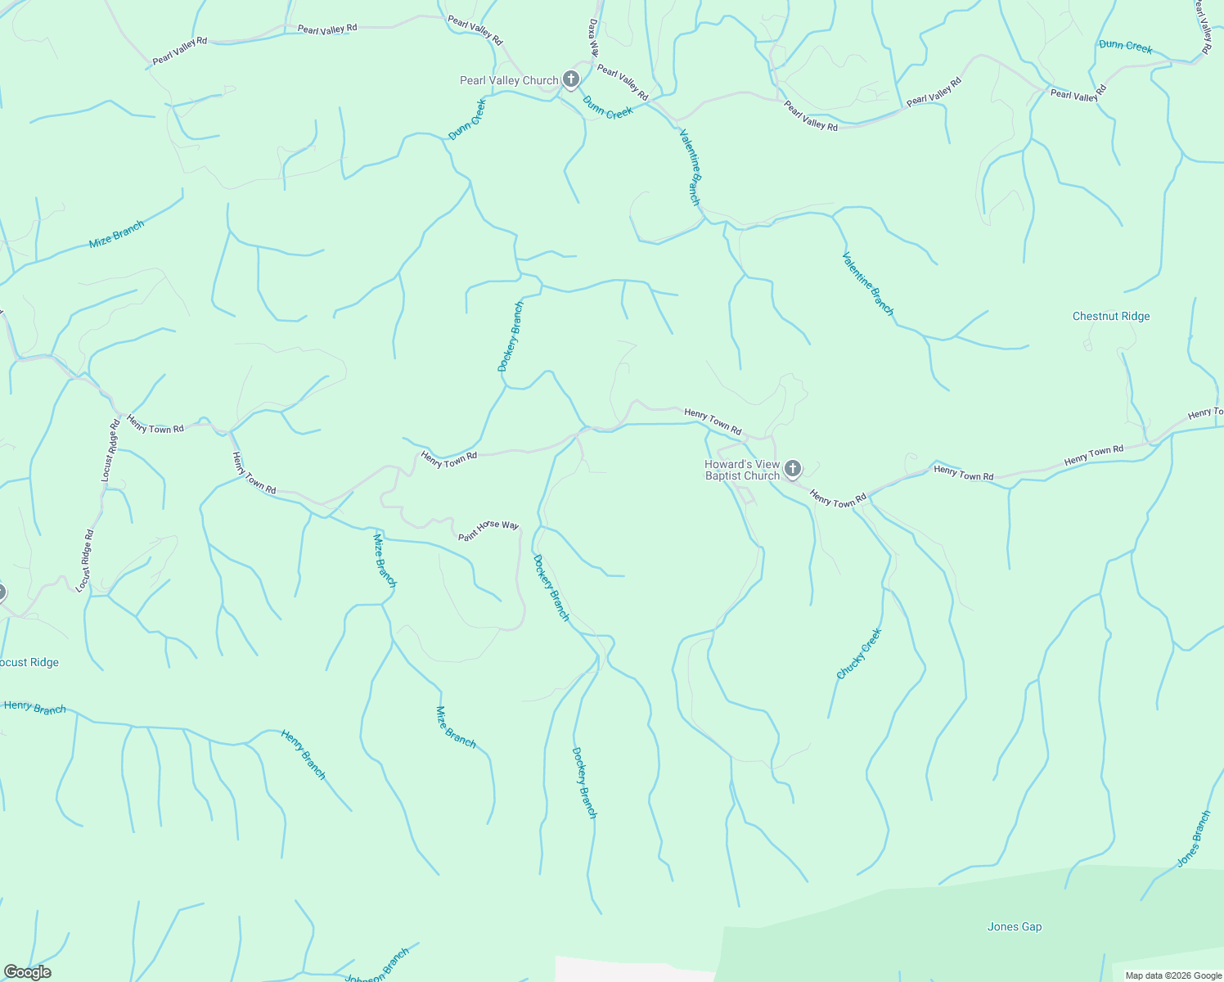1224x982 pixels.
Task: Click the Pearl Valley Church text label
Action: click(509, 80)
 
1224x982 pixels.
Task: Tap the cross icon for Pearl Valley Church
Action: click(571, 79)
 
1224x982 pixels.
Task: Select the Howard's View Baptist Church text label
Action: click(742, 470)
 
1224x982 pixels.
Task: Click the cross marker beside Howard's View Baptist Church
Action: click(792, 469)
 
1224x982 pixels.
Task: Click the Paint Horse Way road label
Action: click(488, 530)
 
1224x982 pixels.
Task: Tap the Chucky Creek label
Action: click(859, 654)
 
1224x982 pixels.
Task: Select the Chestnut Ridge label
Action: click(1111, 317)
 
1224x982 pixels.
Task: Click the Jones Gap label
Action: click(1015, 926)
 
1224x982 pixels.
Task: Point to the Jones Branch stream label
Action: click(1194, 839)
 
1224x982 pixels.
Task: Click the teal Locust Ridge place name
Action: click(29, 663)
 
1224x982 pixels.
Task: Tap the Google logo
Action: click(27, 972)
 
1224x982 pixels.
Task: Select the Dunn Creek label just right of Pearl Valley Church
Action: click(608, 107)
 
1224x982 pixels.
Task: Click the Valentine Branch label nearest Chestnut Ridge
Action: click(868, 283)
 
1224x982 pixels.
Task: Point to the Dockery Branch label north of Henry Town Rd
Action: click(511, 336)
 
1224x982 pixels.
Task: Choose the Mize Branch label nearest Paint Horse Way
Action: click(385, 561)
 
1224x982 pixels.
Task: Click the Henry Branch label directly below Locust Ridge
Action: click(34, 707)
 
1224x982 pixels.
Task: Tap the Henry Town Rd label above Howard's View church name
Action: click(713, 422)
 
